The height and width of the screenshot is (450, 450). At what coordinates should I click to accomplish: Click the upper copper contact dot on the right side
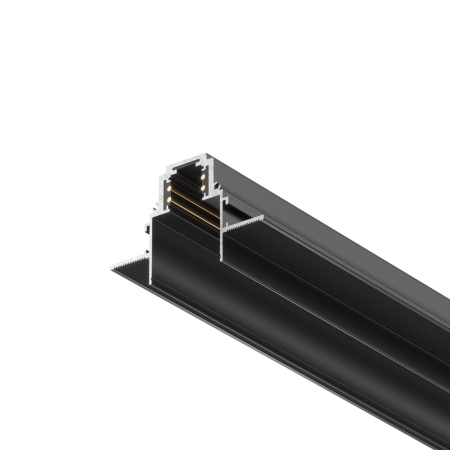click(x=203, y=176)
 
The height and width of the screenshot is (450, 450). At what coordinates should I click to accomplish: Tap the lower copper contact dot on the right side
click(x=203, y=187)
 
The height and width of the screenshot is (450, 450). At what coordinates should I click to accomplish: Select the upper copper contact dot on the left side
click(x=169, y=188)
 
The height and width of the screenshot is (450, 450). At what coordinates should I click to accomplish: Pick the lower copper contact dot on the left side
click(x=169, y=199)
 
